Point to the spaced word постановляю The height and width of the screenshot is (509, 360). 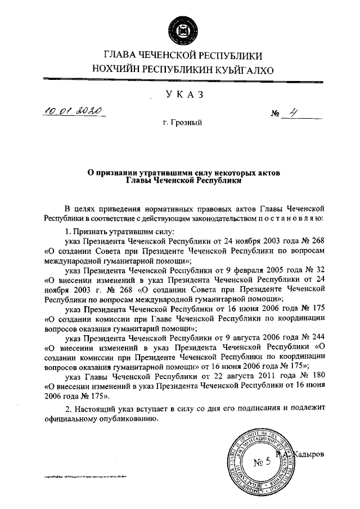[290, 216]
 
